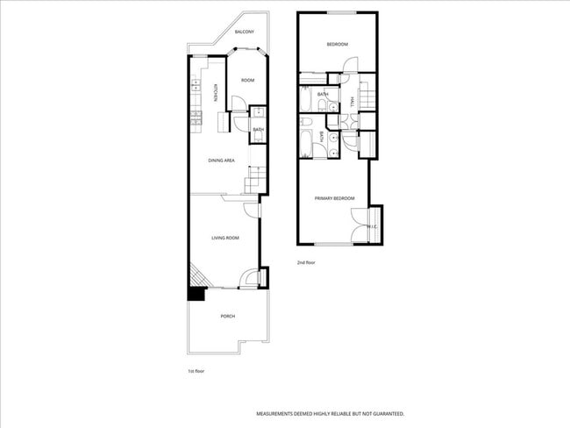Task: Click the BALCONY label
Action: click(245, 33)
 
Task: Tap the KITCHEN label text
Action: click(215, 92)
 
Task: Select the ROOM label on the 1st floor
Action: click(248, 80)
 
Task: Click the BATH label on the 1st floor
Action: click(259, 130)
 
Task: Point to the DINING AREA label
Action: click(221, 160)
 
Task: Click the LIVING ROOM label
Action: click(225, 238)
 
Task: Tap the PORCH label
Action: click(227, 317)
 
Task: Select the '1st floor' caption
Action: click(197, 371)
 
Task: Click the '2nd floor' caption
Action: click(306, 262)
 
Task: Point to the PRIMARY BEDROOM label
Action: click(335, 198)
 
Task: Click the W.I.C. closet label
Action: click(372, 227)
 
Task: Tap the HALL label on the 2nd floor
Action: click(352, 103)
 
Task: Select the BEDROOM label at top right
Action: click(338, 45)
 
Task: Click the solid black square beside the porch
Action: click(195, 295)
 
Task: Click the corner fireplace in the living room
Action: click(198, 276)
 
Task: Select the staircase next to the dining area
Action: click(254, 182)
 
